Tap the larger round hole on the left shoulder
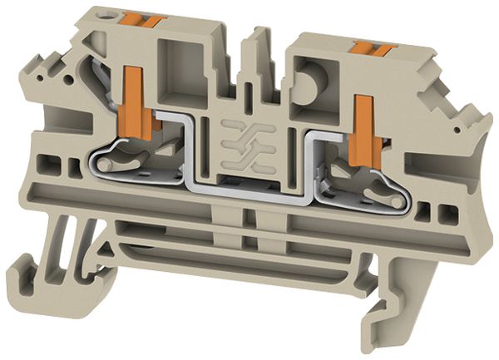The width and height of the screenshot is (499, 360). [x=57, y=82]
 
